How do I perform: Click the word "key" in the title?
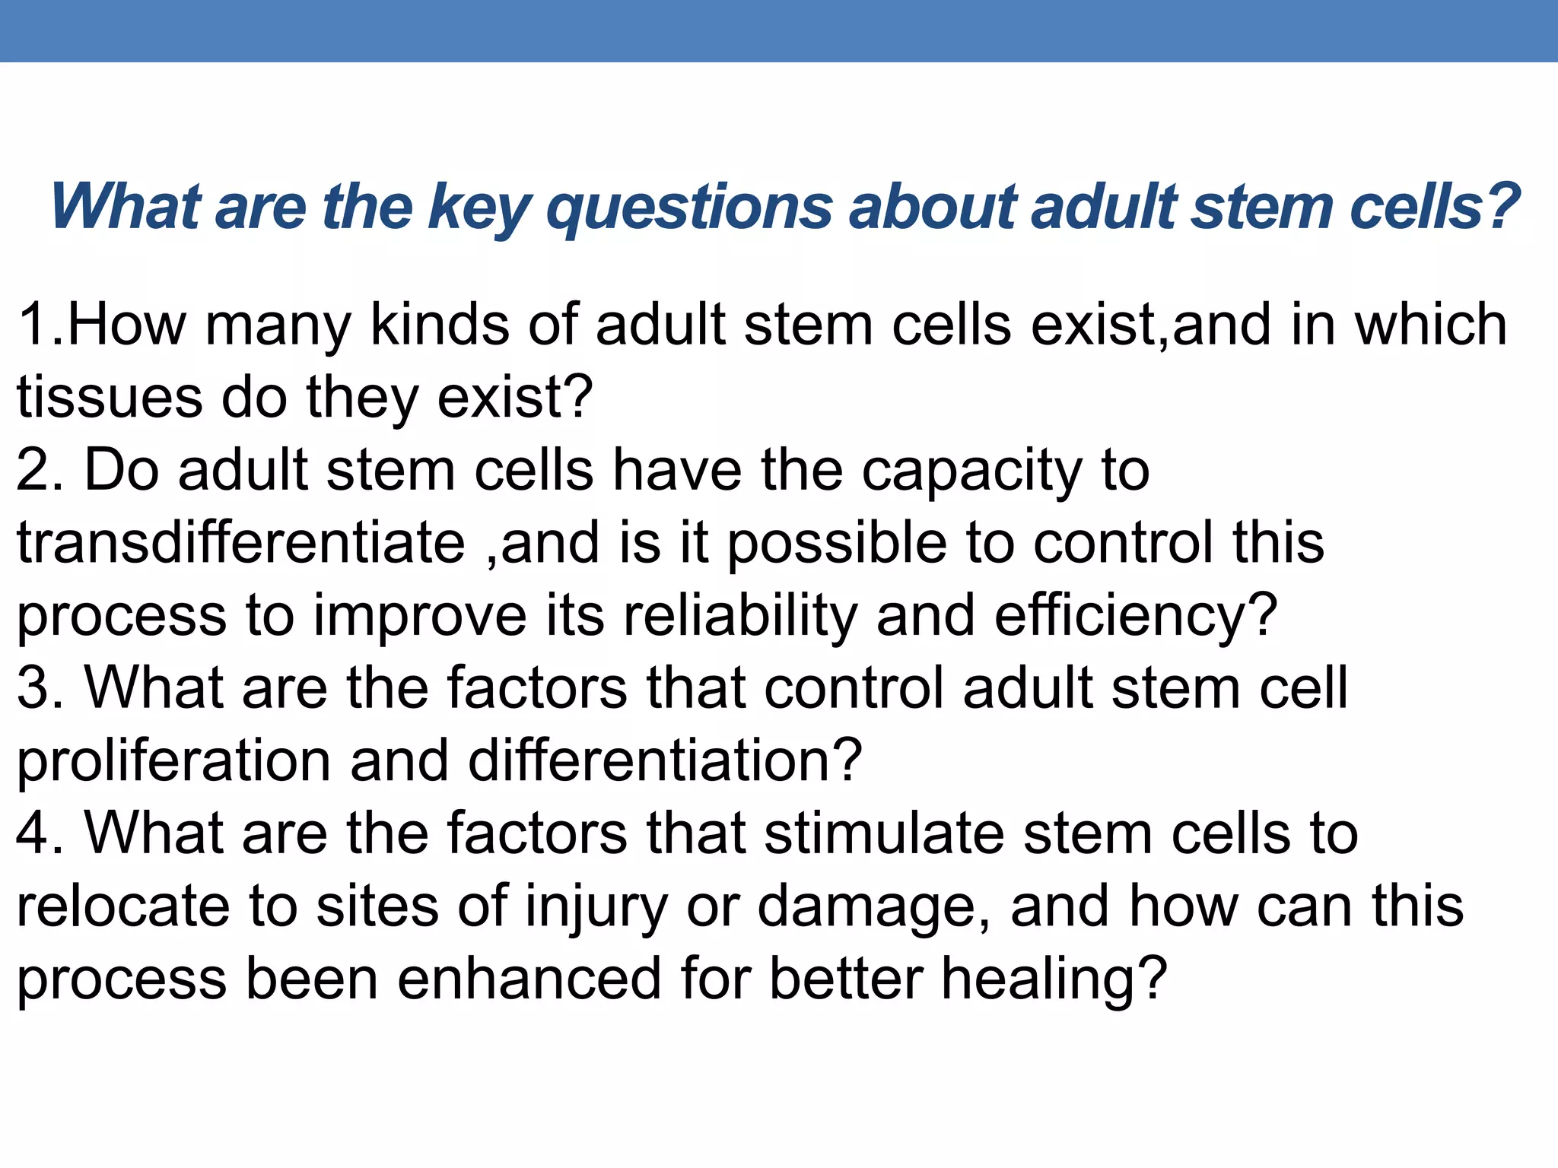pyautogui.click(x=478, y=207)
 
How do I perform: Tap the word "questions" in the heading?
pyautogui.click(x=689, y=207)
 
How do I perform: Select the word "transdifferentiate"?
pyautogui.click(x=241, y=542)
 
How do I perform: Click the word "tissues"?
pyautogui.click(x=110, y=397)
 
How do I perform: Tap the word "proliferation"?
pyautogui.click(x=173, y=760)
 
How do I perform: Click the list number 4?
pyautogui.click(x=33, y=833)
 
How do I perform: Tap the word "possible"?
pyautogui.click(x=837, y=542)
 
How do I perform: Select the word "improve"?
pyautogui.click(x=420, y=614)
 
